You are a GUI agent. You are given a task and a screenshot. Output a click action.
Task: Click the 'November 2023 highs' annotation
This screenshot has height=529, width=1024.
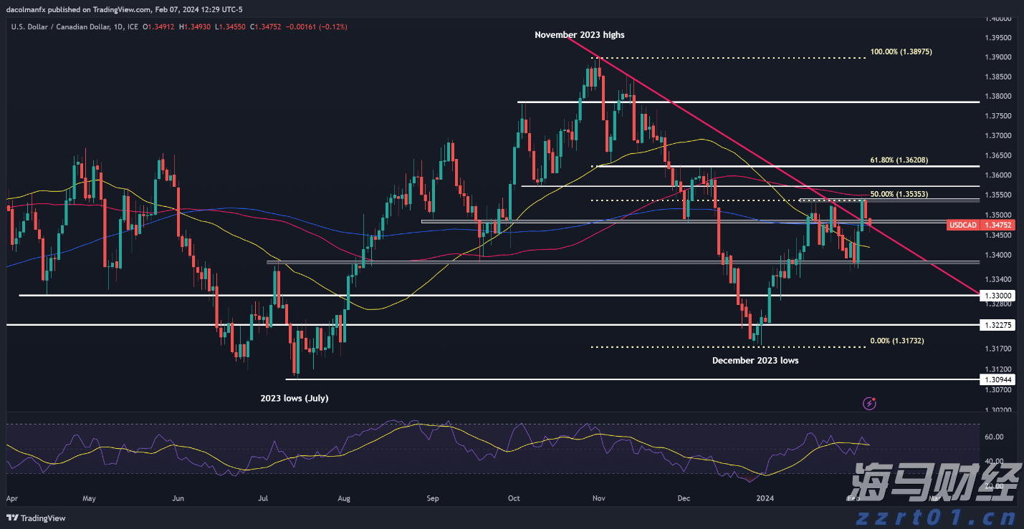coord(579,34)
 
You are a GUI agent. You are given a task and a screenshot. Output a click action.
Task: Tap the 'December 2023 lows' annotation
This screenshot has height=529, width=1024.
coord(755,361)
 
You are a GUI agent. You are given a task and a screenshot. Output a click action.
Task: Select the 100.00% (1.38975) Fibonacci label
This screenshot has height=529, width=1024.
coord(901,52)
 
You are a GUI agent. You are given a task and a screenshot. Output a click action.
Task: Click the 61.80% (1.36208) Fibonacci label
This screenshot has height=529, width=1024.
coord(899,160)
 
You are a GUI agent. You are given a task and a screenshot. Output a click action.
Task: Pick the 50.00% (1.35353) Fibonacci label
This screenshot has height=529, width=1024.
coord(899,194)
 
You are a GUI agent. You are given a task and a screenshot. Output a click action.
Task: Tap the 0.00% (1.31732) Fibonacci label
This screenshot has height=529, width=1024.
coord(896,341)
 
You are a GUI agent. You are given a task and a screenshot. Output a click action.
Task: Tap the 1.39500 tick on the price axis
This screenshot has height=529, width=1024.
coord(999,37)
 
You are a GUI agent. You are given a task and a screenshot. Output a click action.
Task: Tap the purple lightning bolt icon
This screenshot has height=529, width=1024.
coord(869,404)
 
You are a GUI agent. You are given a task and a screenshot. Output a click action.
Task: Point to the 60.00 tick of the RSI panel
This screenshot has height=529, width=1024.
coord(994,437)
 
